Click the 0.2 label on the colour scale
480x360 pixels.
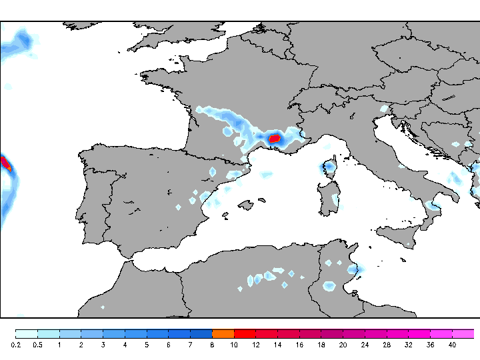(16, 345)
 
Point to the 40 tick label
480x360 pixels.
(452, 345)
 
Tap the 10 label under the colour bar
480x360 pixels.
(234, 345)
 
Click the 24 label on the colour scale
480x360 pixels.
(365, 345)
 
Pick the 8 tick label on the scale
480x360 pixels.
(212, 345)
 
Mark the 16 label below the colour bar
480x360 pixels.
(299, 345)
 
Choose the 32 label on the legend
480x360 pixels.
(408, 345)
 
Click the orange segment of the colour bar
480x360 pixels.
(223, 333)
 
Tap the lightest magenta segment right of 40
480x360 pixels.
(463, 333)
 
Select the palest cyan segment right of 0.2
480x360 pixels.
(27, 333)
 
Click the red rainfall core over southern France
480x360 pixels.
(274, 139)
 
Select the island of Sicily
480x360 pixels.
(400, 234)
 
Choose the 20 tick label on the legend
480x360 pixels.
(343, 345)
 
